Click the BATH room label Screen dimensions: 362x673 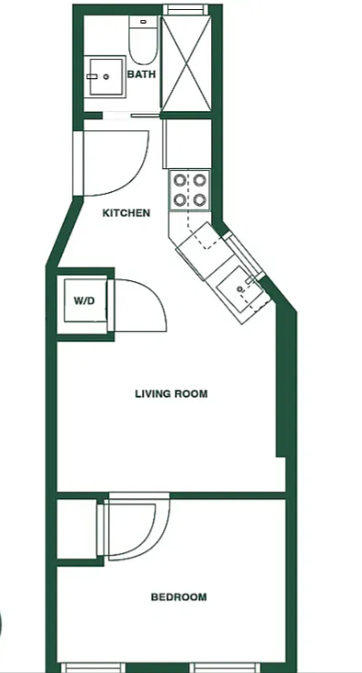pos(141,75)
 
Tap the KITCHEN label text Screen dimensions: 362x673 pos(126,213)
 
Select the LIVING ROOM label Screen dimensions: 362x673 pos(171,394)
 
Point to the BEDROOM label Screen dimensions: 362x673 pos(178,597)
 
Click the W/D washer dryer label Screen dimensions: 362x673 pos(85,300)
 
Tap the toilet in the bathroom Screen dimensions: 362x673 pos(144,40)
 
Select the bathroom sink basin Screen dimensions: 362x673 pos(106,76)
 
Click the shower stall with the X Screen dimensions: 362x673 pos(186,64)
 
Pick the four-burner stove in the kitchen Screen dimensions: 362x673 pos(190,190)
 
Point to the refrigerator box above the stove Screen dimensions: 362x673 pos(187,144)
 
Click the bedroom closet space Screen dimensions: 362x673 pos(77,528)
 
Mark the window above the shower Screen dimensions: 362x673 pos(186,9)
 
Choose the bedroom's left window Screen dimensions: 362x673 pos(93,668)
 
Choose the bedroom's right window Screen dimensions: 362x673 pos(226,668)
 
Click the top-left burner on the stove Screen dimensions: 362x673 pos(179,180)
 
